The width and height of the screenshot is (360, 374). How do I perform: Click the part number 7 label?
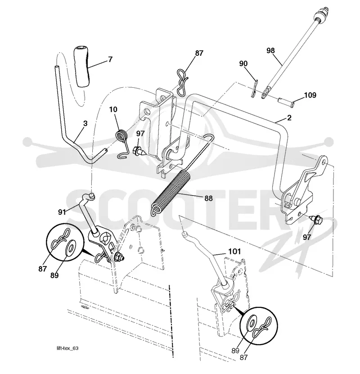(x=110, y=59)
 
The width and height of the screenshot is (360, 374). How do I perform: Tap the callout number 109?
(x=310, y=95)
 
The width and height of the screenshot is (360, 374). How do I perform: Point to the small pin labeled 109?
(x=286, y=102)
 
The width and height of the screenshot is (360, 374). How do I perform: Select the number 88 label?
(x=208, y=198)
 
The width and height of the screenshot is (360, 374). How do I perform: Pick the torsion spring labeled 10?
(x=122, y=143)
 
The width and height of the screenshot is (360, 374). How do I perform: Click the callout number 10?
(x=113, y=109)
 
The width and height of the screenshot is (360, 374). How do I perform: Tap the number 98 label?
(x=270, y=50)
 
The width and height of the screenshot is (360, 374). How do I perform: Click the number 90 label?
(x=243, y=64)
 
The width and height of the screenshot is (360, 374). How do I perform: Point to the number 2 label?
(x=289, y=117)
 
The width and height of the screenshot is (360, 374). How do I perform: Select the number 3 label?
(x=85, y=123)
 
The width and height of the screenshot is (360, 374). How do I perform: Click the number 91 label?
(x=62, y=212)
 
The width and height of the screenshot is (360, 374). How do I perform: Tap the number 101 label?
(x=234, y=252)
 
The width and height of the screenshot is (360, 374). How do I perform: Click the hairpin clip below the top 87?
(x=182, y=82)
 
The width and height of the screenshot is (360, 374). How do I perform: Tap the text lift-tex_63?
(x=67, y=348)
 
